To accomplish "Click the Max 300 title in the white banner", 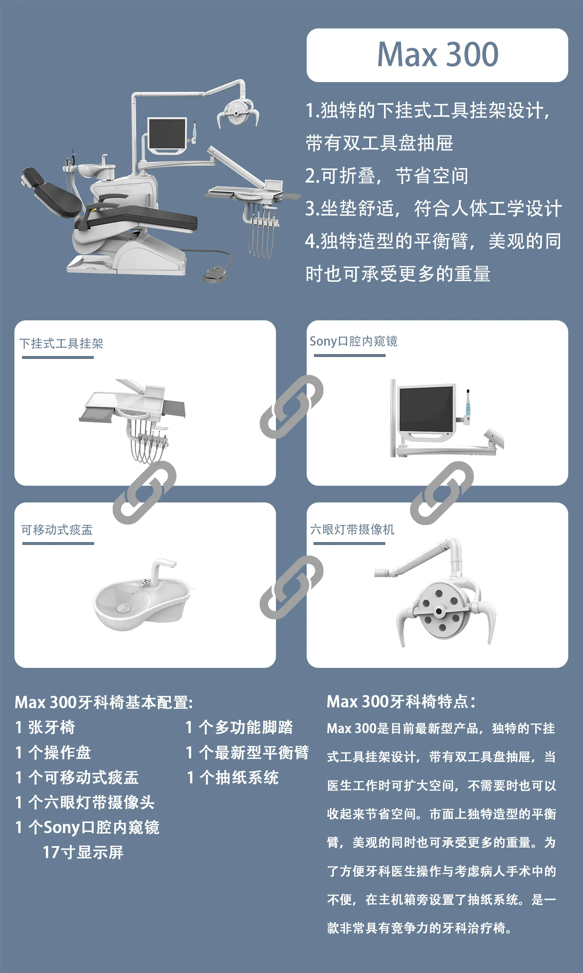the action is coord(438,54).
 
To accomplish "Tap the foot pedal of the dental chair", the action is coord(215,274).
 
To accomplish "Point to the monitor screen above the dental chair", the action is coord(167,135).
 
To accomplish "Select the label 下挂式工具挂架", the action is coord(61,343).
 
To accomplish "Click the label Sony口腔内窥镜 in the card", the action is coord(354,341).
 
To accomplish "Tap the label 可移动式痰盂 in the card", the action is coord(57,530).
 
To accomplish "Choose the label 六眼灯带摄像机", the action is coord(353,529).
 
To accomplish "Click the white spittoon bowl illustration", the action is coord(142,598).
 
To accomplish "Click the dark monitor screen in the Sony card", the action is coord(426,409).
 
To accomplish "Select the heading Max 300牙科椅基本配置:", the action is coord(104,703).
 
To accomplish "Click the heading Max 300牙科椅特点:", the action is coord(401,702).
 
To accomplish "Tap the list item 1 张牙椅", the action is coord(45,727).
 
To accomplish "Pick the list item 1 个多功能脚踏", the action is coord(239,727).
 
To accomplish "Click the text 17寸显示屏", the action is coord(83,852).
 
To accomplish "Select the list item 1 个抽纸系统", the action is coord(232,778).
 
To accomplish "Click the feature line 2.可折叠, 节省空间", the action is coord(387,176).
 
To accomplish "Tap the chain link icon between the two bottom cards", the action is coord(291,587).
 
